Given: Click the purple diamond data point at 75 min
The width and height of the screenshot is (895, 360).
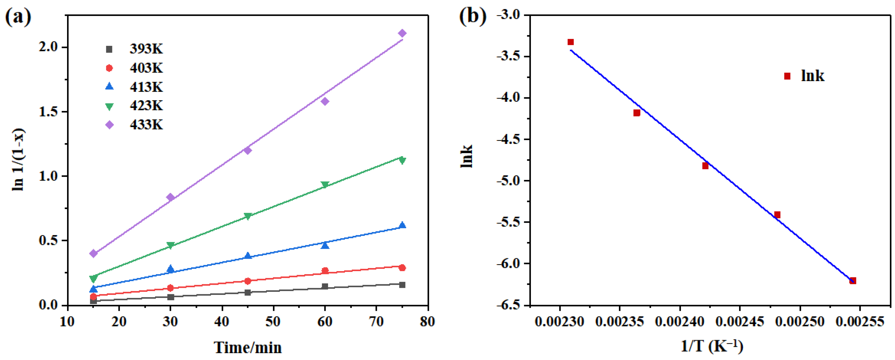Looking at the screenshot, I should pyautogui.click(x=402, y=33).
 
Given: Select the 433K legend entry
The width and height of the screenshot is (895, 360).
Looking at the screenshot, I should pyautogui.click(x=146, y=124).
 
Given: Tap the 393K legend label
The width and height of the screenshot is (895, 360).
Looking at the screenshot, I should pyautogui.click(x=146, y=49).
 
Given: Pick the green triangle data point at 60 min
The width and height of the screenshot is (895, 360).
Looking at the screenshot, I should pyautogui.click(x=325, y=184).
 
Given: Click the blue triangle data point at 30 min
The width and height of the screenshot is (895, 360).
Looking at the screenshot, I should pyautogui.click(x=170, y=269).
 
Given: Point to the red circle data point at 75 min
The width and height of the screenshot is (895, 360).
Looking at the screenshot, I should pyautogui.click(x=402, y=267).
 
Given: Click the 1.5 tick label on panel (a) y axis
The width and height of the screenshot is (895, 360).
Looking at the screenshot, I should pyautogui.click(x=48, y=112).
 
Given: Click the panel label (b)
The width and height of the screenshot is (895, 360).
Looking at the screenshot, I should pyautogui.click(x=473, y=16).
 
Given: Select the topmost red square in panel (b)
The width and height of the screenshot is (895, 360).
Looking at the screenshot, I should pyautogui.click(x=571, y=42).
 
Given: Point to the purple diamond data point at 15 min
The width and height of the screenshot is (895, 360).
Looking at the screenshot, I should pyautogui.click(x=93, y=253).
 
